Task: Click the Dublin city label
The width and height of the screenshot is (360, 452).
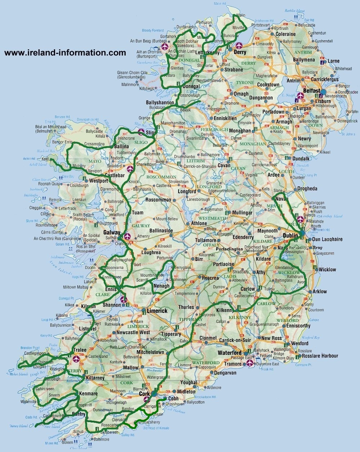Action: [290, 236]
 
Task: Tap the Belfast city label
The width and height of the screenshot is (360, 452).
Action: [311, 91]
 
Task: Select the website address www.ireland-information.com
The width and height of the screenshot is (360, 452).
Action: [65, 53]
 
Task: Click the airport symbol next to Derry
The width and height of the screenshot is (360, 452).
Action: [238, 46]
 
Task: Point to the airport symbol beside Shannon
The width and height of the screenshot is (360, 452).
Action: [123, 299]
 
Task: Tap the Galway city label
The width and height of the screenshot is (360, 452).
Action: [112, 233]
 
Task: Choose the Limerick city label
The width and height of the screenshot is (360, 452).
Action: [157, 311]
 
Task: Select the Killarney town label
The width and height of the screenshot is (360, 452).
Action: [95, 378]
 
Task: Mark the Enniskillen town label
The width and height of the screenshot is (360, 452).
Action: [225, 118]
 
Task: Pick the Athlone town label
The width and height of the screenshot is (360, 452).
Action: [199, 223]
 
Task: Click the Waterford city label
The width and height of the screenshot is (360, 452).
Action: [229, 353]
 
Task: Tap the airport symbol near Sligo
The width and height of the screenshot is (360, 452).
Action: [141, 132]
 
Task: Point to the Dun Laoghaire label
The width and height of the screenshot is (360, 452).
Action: [327, 239]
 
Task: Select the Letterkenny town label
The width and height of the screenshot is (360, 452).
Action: [207, 53]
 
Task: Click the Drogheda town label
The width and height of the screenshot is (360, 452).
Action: [307, 189]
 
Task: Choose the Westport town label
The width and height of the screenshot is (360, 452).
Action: [99, 181]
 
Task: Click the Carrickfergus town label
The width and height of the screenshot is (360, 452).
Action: [325, 79]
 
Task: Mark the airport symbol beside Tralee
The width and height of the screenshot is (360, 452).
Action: [76, 359]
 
